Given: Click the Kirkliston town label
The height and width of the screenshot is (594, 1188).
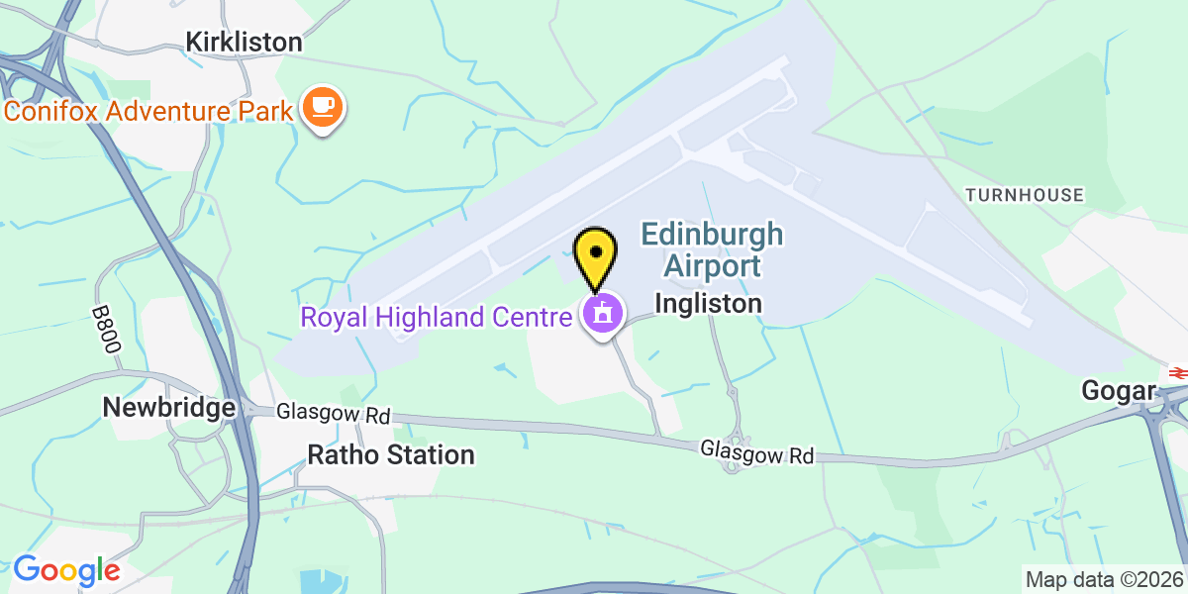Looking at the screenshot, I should pos(244,42).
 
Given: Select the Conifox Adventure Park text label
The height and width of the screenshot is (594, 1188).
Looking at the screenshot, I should pos(148,109).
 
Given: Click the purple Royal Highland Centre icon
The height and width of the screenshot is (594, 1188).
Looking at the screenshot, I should pos(602,316).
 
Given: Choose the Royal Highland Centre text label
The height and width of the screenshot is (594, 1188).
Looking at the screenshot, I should pos(436,317).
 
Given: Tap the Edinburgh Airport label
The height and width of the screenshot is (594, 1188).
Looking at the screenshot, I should pos(712,250).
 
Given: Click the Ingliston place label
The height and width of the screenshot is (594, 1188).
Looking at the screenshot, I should pos(709,303).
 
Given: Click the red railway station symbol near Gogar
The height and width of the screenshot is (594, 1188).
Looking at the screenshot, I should pos(1177,372).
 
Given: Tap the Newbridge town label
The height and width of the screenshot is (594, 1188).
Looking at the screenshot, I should pos(169,407).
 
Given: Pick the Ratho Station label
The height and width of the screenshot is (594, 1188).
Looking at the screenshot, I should pos(391,455).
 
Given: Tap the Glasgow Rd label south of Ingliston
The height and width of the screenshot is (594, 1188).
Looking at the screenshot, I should pos(757,452).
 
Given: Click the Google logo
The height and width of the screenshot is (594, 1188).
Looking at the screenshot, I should pos(66,570).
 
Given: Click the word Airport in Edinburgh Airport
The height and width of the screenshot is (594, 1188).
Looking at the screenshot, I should pos(712,265).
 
